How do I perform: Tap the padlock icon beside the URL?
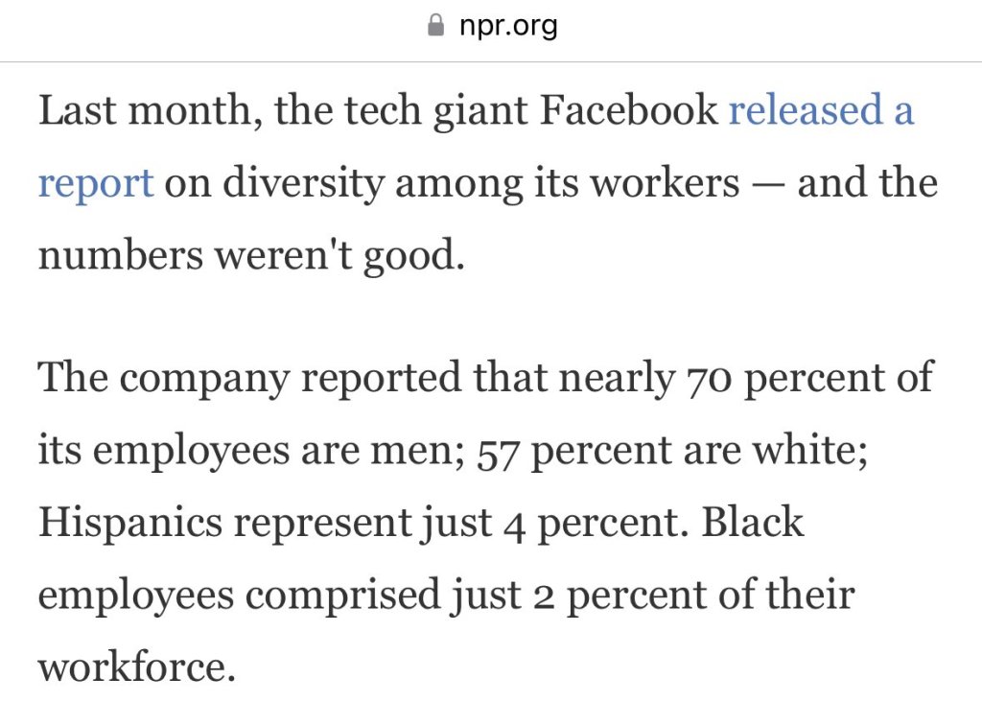tap(435, 26)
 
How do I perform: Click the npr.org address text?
tap(508, 26)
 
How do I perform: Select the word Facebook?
tap(628, 111)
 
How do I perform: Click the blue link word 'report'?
tap(95, 183)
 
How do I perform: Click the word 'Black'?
tap(753, 523)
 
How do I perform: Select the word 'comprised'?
tap(342, 596)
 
